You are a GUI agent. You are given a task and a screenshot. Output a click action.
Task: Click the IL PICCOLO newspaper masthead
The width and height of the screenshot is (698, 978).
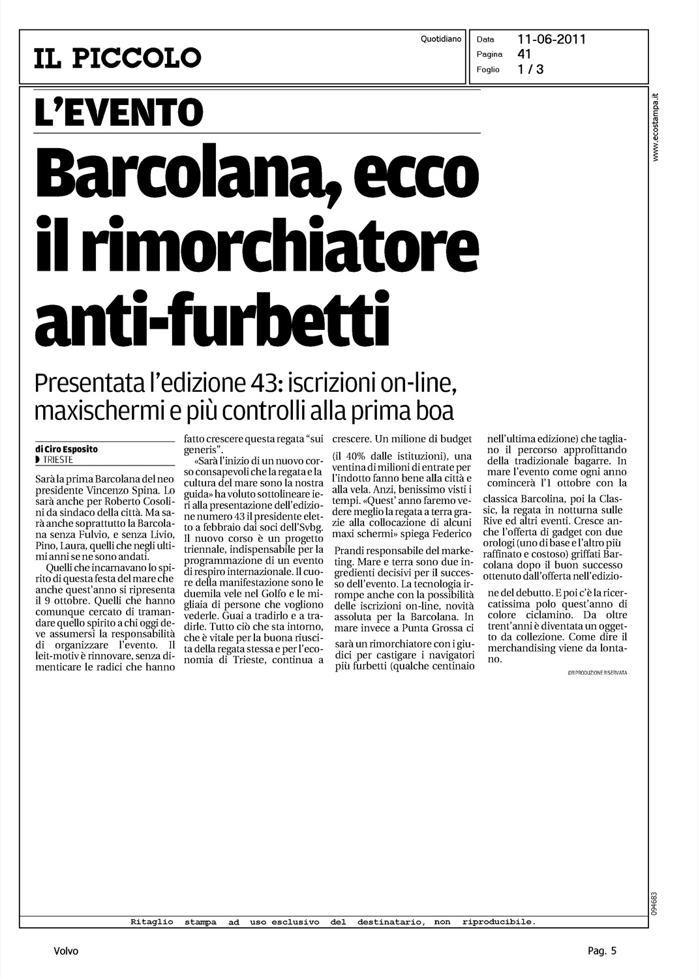tap(118, 58)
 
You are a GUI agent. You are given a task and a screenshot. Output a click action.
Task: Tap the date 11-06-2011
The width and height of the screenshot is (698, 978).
tap(551, 39)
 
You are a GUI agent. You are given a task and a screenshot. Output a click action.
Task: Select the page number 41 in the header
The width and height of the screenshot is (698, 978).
tap(524, 54)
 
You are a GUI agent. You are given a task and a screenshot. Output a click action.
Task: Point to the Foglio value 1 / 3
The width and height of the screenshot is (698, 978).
tap(530, 69)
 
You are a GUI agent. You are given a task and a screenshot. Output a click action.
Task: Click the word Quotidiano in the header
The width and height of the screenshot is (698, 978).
tap(441, 39)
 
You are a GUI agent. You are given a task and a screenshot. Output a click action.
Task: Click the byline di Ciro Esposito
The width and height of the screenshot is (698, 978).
tap(67, 449)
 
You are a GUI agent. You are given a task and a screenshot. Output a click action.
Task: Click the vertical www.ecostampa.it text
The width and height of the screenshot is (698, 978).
tap(657, 127)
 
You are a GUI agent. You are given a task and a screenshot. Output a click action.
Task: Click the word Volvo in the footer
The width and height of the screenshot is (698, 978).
tap(66, 951)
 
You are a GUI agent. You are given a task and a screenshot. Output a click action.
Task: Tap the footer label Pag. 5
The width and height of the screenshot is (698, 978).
tap(601, 951)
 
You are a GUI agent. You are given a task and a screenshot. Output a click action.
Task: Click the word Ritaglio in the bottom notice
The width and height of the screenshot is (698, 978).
tap(152, 922)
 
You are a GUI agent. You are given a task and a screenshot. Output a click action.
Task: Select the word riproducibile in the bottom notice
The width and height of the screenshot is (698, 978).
tap(498, 922)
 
